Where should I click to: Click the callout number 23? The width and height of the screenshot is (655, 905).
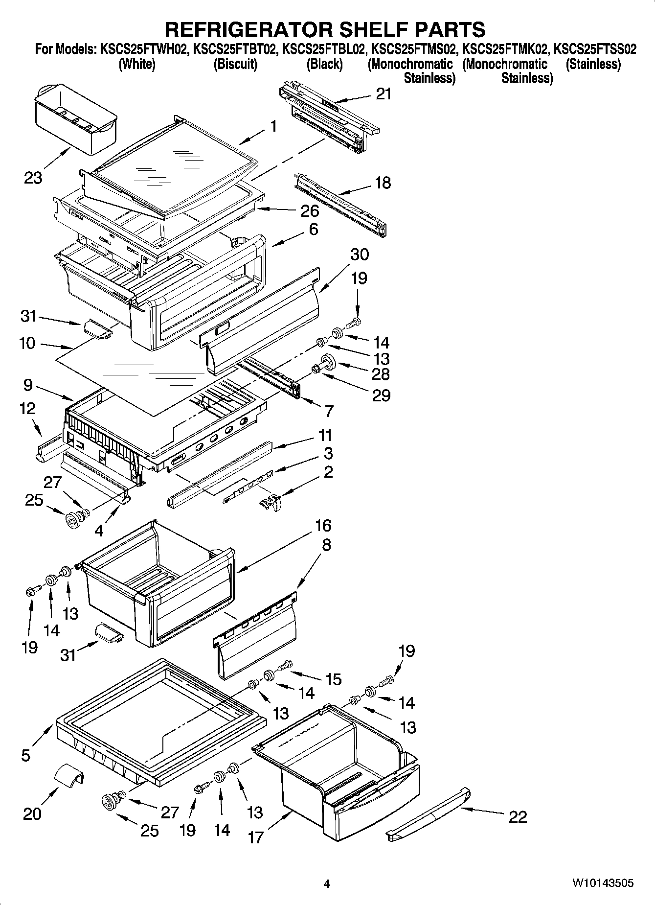33,178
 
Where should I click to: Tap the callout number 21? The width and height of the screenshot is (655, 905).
384,93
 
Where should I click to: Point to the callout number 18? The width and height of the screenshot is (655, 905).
383,183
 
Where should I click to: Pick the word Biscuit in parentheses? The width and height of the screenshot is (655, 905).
235,64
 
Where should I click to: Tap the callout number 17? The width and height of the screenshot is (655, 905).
255,837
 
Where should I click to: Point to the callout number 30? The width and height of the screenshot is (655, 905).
360,254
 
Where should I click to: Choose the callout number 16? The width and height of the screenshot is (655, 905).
323,525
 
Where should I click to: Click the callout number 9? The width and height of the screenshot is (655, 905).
27,385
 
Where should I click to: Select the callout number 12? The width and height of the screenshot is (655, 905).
27,408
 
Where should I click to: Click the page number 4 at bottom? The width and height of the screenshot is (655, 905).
327,883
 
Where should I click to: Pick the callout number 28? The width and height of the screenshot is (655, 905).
381,374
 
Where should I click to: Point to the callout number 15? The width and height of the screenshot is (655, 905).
333,679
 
